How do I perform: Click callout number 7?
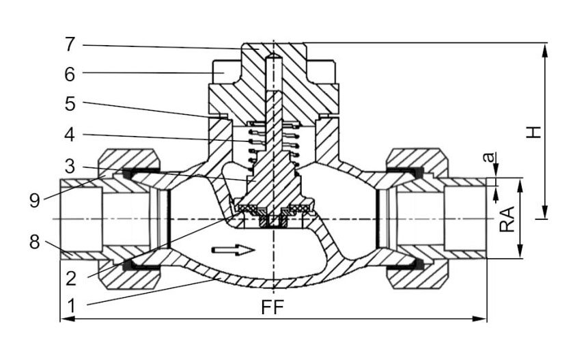(70, 45)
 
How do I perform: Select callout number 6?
(70, 74)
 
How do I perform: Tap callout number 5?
(70, 104)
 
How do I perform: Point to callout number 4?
(70, 135)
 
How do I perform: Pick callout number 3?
(70, 167)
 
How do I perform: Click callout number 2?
(71, 279)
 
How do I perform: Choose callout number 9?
(34, 200)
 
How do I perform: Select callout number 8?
(34, 243)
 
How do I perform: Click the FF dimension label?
(272, 307)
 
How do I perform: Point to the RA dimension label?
(507, 219)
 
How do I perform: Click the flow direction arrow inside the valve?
(234, 250)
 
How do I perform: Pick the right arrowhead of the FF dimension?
(479, 319)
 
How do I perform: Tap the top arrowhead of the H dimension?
(545, 51)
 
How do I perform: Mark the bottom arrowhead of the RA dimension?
(520, 251)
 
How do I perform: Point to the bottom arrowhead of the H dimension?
(545, 212)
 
